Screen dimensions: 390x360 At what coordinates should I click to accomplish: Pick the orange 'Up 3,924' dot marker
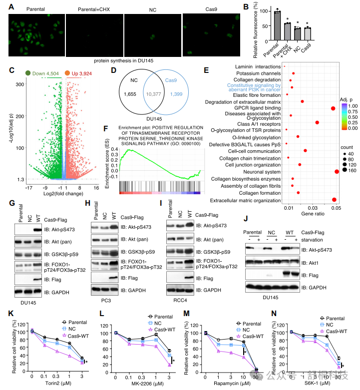67,73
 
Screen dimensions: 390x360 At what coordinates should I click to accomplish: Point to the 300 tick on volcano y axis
20,84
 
